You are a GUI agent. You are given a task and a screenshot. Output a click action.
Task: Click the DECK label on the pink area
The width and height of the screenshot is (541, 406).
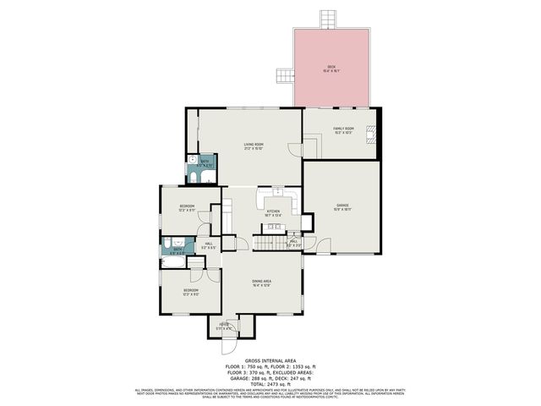point(331,69)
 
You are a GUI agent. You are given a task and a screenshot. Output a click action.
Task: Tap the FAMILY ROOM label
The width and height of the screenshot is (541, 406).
point(342,129)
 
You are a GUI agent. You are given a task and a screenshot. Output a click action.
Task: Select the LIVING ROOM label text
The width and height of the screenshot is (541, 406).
point(250,146)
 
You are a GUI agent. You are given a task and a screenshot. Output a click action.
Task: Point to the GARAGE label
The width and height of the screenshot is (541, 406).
point(342,206)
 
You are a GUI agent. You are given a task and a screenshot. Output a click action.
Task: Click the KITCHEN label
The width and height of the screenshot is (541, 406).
point(273,212)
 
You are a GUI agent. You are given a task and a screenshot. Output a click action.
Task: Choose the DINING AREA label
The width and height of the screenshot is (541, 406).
point(261,283)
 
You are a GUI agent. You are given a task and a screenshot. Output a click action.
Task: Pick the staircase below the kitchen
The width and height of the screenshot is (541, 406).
point(269,244)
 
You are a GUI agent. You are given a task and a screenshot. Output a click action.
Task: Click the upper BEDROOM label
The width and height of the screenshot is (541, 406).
point(187,207)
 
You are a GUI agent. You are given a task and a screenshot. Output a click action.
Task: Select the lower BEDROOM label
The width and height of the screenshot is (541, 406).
point(190,292)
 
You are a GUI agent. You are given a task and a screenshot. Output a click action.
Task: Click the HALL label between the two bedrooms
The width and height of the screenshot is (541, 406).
point(209,246)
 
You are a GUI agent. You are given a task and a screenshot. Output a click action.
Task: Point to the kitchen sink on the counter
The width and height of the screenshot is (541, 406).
point(276,193)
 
